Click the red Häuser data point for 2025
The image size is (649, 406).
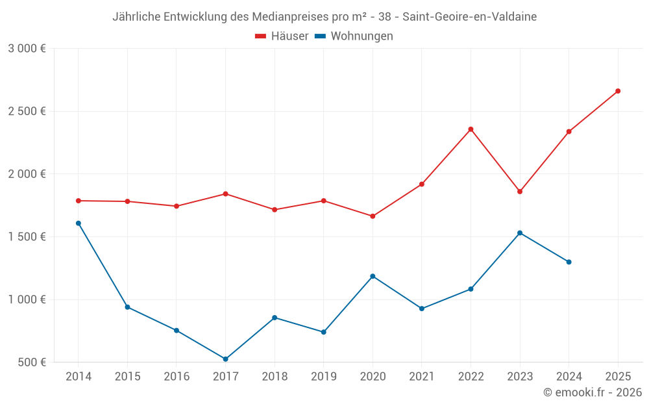(x=618, y=91)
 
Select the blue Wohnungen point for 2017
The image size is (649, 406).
(x=225, y=359)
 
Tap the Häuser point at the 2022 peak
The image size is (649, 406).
(x=471, y=129)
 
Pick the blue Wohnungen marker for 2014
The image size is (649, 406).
(x=79, y=223)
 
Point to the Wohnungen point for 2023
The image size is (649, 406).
(x=520, y=233)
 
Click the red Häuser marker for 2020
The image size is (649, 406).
(x=373, y=216)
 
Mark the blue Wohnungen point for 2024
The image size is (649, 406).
(x=569, y=262)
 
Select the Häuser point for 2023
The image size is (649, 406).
(x=520, y=192)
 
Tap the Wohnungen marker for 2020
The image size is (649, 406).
(x=373, y=276)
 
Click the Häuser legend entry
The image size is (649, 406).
(x=282, y=36)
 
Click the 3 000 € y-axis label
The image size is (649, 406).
(x=27, y=49)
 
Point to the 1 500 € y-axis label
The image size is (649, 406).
(x=27, y=237)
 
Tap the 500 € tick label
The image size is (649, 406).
(x=32, y=362)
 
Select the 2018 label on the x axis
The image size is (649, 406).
(x=275, y=376)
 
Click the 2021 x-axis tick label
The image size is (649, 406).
(x=422, y=376)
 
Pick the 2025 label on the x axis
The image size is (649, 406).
(x=618, y=376)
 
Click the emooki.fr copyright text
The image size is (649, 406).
(x=593, y=392)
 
